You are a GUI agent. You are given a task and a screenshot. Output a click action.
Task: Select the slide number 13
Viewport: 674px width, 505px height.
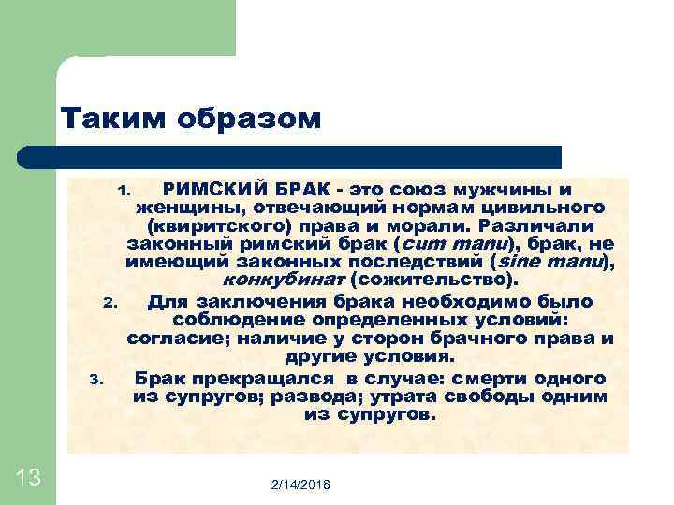[x=28, y=478]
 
